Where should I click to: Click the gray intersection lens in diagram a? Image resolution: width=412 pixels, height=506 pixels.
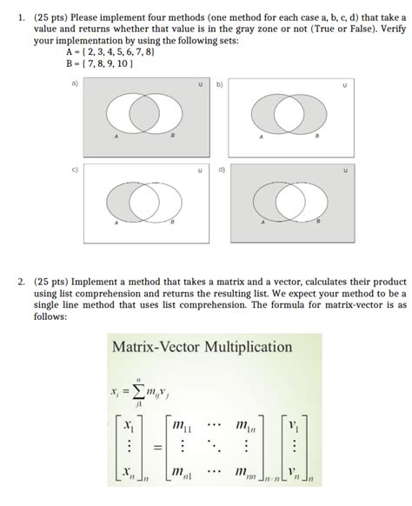click(x=144, y=113)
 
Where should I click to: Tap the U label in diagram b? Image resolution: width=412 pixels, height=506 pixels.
click(x=345, y=85)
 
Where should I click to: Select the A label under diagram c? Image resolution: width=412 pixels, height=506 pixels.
click(x=116, y=223)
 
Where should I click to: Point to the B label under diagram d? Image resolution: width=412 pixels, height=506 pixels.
click(x=318, y=222)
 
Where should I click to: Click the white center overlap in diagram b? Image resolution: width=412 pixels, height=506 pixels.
click(x=289, y=114)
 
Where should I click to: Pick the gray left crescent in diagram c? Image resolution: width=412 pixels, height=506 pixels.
click(x=118, y=203)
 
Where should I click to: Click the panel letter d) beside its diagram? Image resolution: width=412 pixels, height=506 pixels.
click(x=222, y=170)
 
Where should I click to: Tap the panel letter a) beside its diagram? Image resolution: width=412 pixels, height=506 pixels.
click(x=75, y=83)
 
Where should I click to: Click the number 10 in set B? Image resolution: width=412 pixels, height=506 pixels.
click(x=123, y=63)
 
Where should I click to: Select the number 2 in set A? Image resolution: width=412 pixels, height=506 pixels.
click(x=85, y=52)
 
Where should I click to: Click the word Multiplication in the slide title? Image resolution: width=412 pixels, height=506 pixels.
click(x=248, y=348)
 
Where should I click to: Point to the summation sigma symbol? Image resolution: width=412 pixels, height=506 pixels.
click(x=138, y=392)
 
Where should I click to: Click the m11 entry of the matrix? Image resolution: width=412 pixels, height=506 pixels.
click(x=182, y=426)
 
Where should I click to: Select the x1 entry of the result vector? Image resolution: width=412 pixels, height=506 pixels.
click(x=129, y=427)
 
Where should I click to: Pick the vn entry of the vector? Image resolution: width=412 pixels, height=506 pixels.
click(x=294, y=473)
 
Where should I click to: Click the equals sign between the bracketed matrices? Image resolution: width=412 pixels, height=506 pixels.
click(x=157, y=448)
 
